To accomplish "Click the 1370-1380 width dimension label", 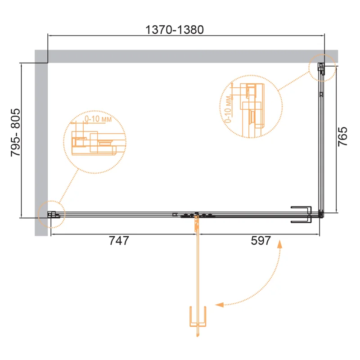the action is [175, 30].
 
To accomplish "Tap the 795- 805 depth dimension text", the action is [16, 132].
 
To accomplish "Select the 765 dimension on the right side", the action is [342, 136].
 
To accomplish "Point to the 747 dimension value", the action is [119, 241].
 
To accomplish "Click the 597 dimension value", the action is [261, 241].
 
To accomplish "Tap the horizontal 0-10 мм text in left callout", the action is [98, 119].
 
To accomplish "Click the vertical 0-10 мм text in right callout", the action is [228, 109].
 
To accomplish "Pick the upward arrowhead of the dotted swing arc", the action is [279, 244].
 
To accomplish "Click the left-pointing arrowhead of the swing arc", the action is [219, 305].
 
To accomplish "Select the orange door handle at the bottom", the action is [198, 316].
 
